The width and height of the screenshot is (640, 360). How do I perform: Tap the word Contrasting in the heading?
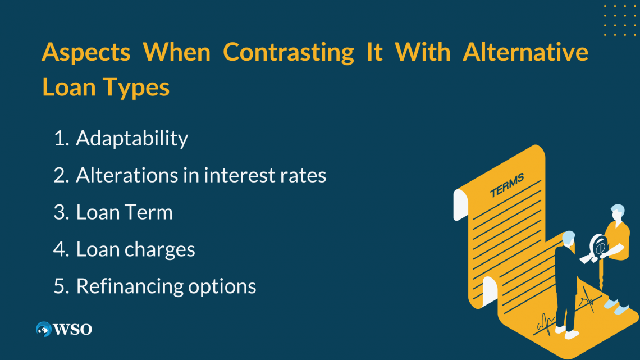[x=289, y=52]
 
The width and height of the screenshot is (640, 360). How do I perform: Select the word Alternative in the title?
[x=525, y=52]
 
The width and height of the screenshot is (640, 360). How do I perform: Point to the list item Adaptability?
[x=132, y=138]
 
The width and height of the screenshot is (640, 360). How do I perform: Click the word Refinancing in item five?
[x=129, y=286]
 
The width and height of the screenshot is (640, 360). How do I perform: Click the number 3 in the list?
[x=60, y=212]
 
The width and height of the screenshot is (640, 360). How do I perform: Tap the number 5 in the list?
[x=60, y=286]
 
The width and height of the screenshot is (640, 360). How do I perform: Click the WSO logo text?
[x=72, y=329]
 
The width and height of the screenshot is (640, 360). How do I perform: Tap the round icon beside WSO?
[x=43, y=329]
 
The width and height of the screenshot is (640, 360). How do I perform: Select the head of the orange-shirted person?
[x=617, y=212]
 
